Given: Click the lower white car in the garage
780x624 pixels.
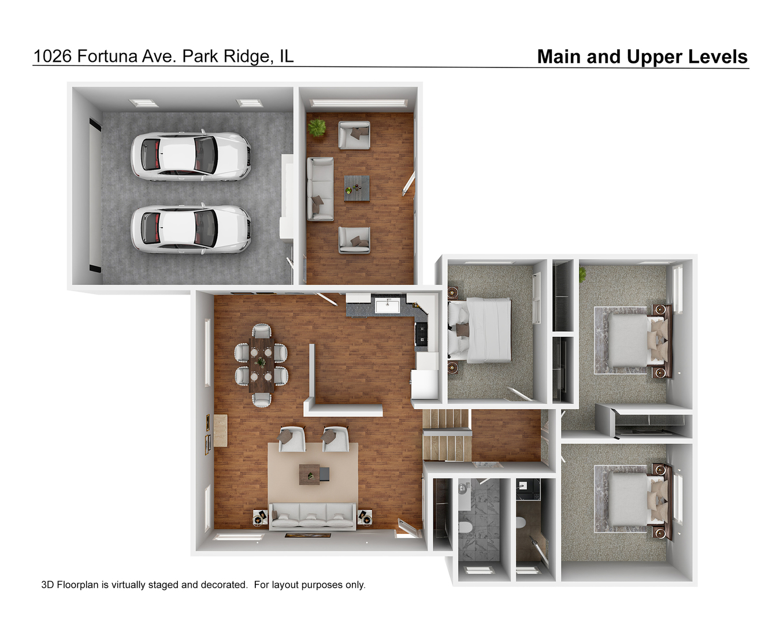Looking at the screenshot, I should [x=191, y=229].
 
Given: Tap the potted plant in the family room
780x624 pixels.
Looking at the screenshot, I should [x=316, y=128].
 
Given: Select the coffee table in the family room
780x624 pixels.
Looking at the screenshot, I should [x=356, y=188].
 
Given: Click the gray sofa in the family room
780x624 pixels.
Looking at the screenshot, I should [x=320, y=189].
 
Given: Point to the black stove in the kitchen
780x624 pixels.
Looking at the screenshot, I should [x=421, y=334].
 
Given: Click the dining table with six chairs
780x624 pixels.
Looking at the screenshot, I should [x=261, y=365].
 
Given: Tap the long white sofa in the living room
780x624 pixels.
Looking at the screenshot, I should [x=313, y=516].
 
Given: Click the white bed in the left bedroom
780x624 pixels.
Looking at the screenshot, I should [x=481, y=329].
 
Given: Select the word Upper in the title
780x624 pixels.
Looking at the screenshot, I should [x=653, y=57].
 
